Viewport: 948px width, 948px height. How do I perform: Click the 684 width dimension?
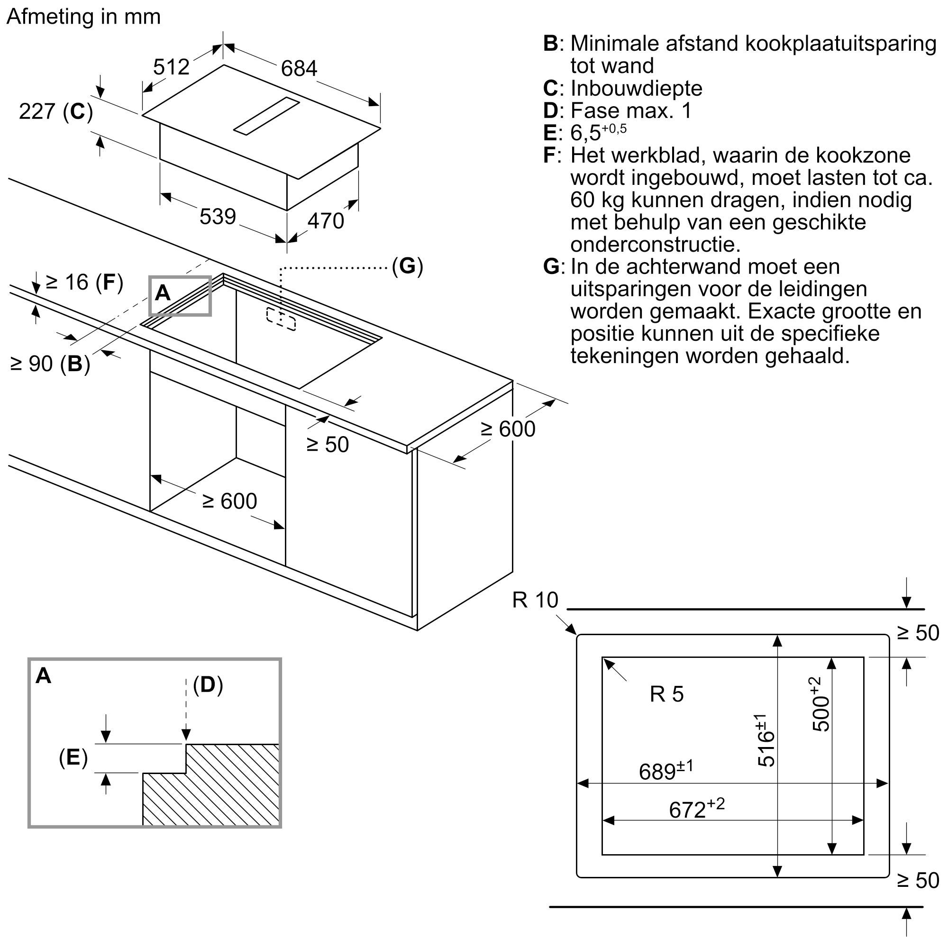point(299,69)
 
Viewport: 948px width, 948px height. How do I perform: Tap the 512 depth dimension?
point(171,67)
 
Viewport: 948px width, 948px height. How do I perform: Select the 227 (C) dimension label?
point(56,112)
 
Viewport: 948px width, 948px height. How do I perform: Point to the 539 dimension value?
point(218,217)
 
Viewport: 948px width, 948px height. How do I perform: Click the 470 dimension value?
point(326,221)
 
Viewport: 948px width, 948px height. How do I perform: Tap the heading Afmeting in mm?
point(83,17)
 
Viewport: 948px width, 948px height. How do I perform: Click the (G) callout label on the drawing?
point(407,266)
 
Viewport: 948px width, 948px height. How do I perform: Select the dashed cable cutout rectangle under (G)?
point(281,319)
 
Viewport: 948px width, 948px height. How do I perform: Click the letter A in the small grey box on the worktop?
point(163,293)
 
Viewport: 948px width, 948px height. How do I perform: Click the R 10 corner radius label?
point(535,600)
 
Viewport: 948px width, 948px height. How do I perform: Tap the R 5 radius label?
point(666,694)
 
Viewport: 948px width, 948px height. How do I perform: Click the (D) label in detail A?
point(208,685)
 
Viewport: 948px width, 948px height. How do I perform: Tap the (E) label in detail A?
point(73,757)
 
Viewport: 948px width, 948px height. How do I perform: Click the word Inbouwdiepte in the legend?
point(637,88)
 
